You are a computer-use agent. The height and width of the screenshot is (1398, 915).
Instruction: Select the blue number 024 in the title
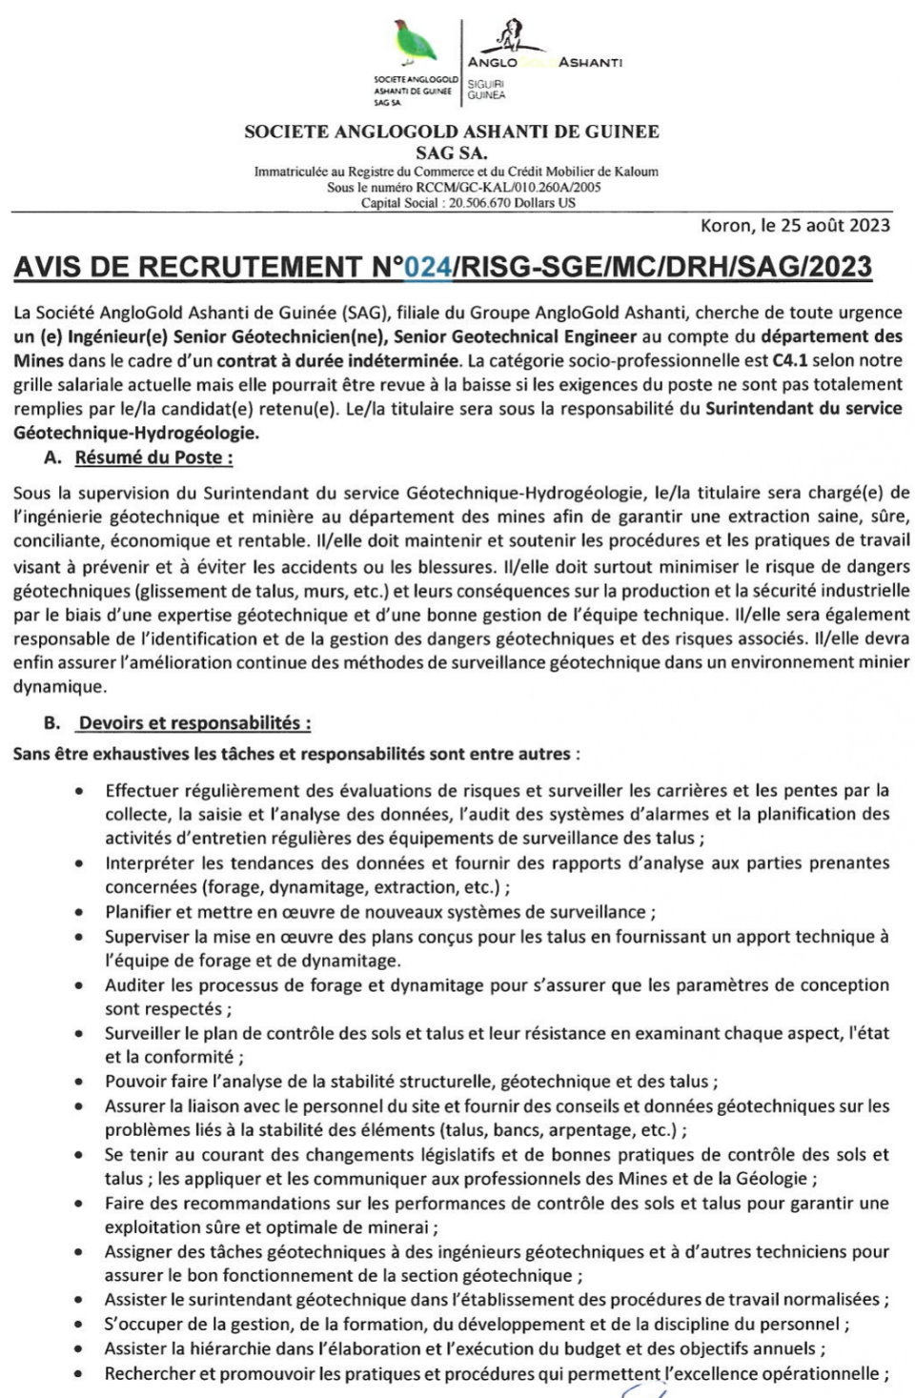point(428,267)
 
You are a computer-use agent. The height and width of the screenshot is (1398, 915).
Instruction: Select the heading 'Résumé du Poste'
point(153,457)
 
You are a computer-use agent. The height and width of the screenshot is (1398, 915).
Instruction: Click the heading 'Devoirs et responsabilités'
point(194,723)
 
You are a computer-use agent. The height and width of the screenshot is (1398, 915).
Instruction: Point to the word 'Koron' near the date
point(725,226)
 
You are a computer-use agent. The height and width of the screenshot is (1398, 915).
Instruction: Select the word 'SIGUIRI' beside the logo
point(486,84)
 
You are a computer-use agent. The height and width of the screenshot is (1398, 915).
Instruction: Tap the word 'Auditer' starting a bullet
point(134,985)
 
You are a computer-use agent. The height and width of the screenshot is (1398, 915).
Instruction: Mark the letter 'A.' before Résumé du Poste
point(53,457)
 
